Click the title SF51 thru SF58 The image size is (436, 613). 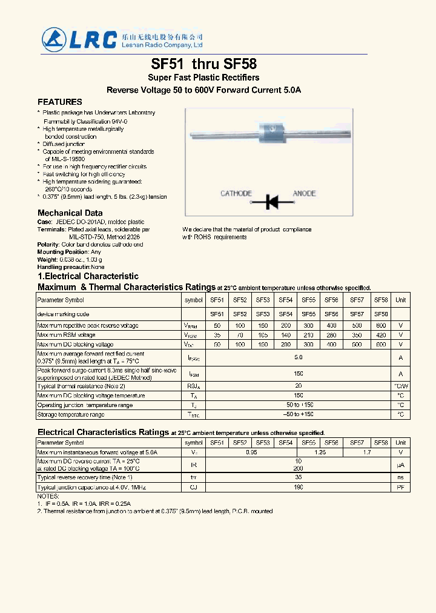click(203, 64)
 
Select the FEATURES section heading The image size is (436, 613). click(60, 102)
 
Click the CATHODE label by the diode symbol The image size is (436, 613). click(236, 193)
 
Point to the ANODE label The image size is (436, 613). click(305, 193)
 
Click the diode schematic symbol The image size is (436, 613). click(270, 200)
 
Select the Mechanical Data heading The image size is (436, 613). click(70, 213)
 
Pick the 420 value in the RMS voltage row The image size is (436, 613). click(381, 335)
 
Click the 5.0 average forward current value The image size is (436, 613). click(298, 358)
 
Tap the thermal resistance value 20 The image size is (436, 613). click(298, 386)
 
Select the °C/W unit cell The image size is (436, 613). click(400, 386)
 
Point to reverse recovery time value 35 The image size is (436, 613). click(298, 478)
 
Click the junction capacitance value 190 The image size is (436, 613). click(298, 488)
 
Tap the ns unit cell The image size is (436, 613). click(400, 478)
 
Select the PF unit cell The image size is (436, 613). click(400, 488)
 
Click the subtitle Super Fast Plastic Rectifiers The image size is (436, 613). click(203, 78)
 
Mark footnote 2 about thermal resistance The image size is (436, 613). click(155, 511)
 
